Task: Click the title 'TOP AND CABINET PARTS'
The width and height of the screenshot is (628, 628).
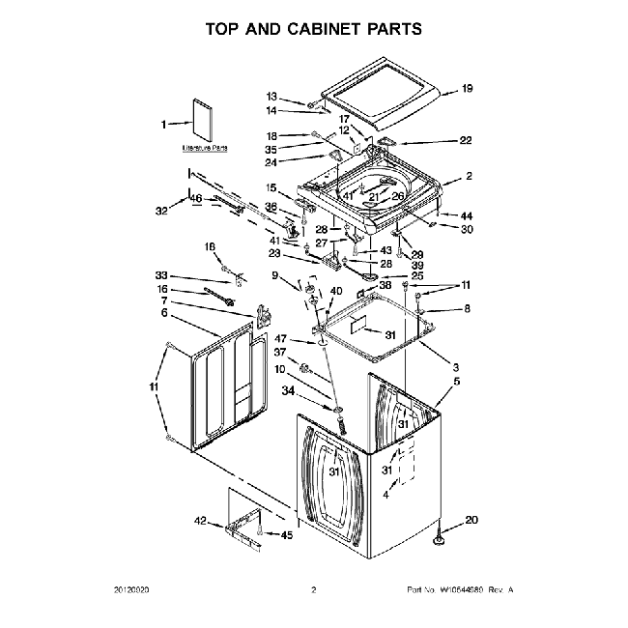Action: pos(314,29)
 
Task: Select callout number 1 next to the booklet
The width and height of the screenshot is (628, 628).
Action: pos(164,123)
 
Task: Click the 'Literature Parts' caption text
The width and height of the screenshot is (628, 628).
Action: pos(205,149)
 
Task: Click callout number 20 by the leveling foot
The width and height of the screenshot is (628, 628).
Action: pos(471,521)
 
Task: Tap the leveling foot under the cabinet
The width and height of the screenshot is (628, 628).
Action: pos(442,533)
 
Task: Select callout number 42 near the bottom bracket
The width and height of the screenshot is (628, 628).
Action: pos(200,522)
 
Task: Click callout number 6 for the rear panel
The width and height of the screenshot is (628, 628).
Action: pos(164,313)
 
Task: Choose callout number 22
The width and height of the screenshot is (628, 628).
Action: pos(466,141)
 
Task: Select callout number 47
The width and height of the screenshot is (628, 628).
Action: pos(283,338)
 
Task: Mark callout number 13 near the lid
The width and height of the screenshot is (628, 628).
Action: pos(271,97)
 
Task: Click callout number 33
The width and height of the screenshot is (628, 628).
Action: pos(161,274)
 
